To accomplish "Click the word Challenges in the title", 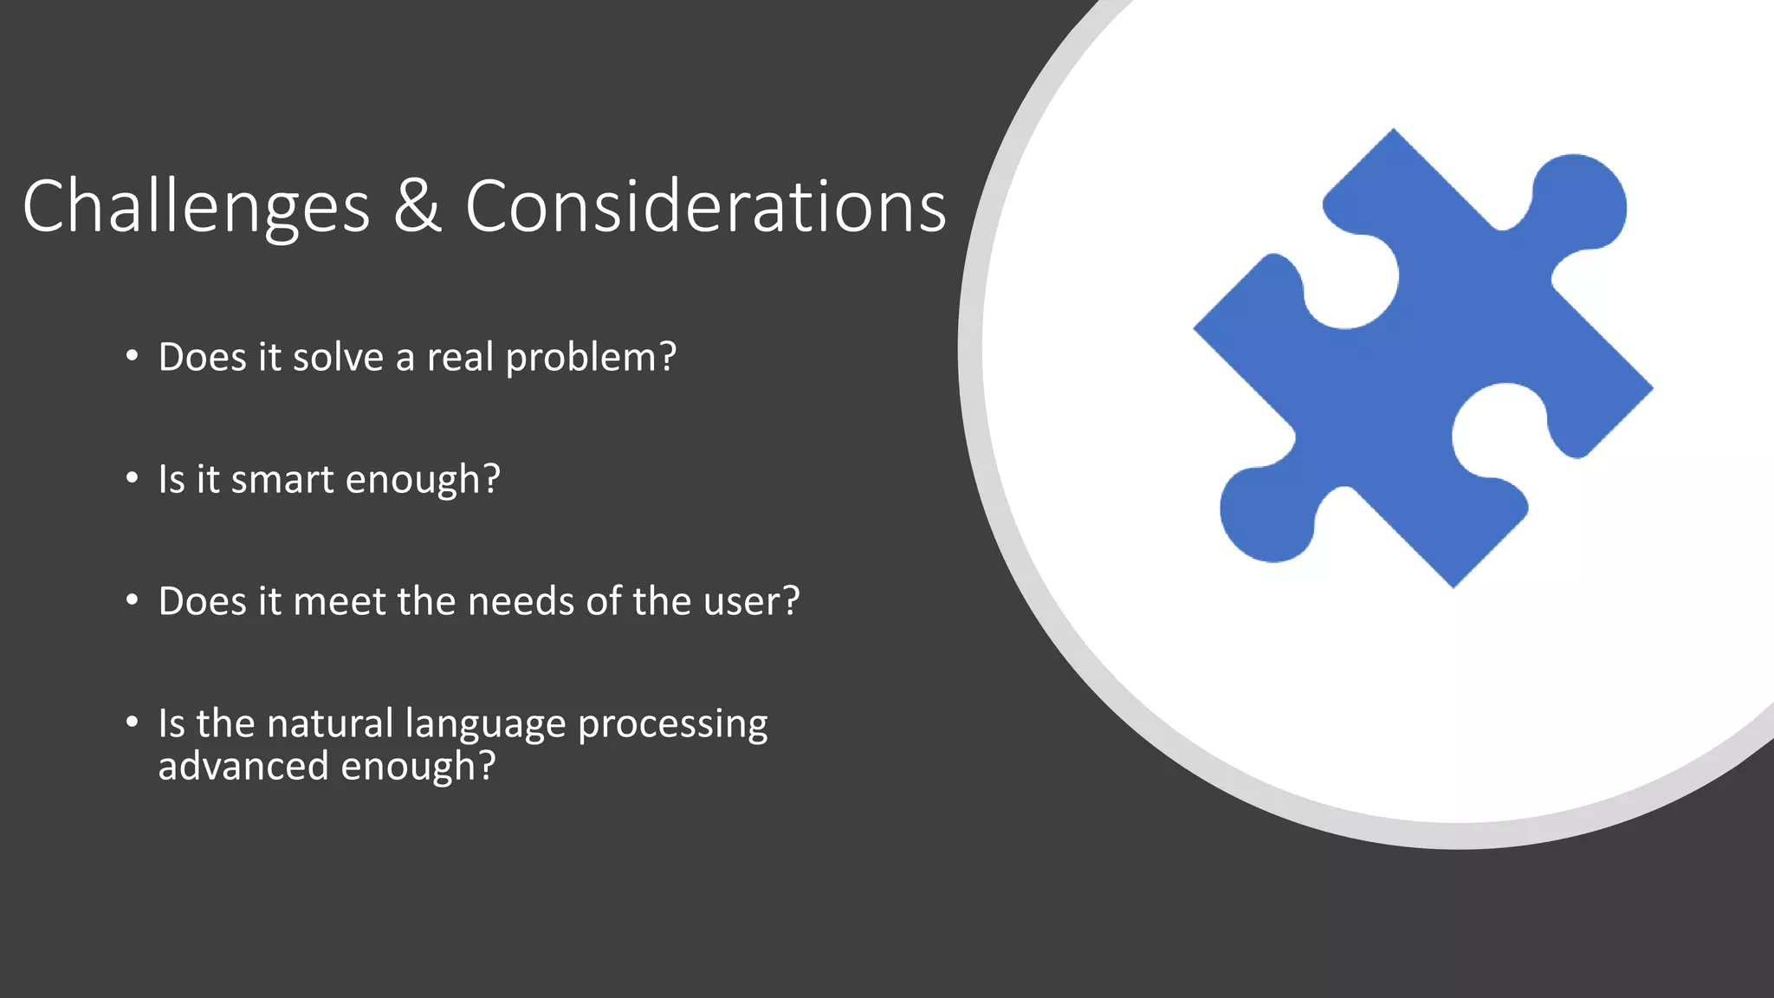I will pyautogui.click(x=196, y=206).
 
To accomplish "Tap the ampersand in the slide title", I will pyautogui.click(x=418, y=206).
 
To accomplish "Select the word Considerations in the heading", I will pyautogui.click(x=705, y=206).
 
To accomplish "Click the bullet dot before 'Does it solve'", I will pyautogui.click(x=132, y=356).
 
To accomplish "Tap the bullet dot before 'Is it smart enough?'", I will pyautogui.click(x=132, y=478).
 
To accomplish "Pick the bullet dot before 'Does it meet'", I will pyautogui.click(x=132, y=600).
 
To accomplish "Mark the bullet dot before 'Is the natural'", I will pyautogui.click(x=132, y=722).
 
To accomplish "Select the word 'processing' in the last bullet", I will pyautogui.click(x=672, y=724).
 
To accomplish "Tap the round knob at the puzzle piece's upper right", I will pyautogui.click(x=1578, y=202).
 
